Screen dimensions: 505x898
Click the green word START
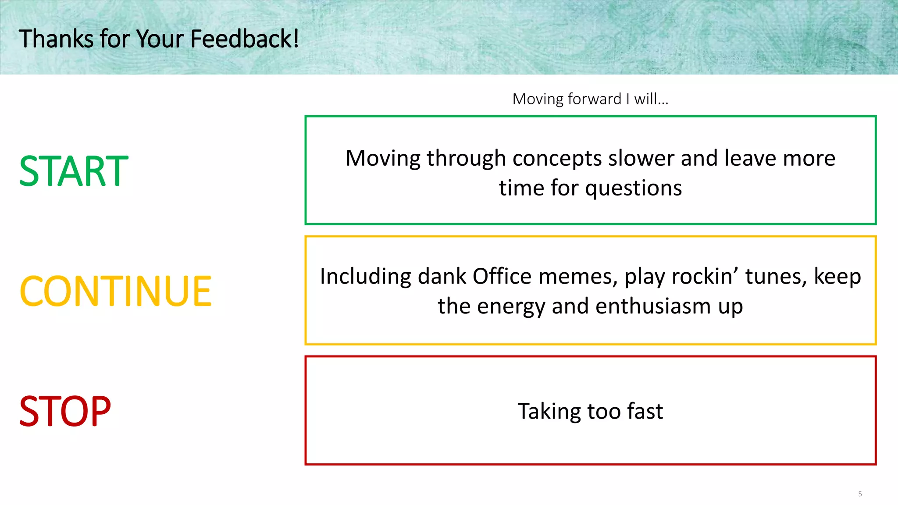click(x=74, y=171)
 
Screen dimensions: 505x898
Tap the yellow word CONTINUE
click(x=116, y=291)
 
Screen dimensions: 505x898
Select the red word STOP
click(x=65, y=411)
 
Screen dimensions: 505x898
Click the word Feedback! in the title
click(x=245, y=39)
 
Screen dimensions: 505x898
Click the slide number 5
click(x=860, y=494)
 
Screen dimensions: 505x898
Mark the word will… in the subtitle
click(x=651, y=99)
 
